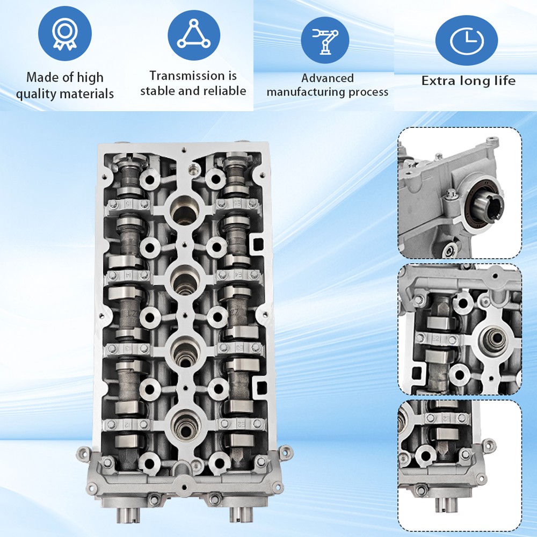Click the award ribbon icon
[x=64, y=33]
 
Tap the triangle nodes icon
[x=194, y=33]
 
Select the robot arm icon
[x=324, y=40]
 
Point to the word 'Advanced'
[x=328, y=78]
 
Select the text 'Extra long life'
[x=468, y=81]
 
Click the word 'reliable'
[x=225, y=91]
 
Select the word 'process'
[x=368, y=92]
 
